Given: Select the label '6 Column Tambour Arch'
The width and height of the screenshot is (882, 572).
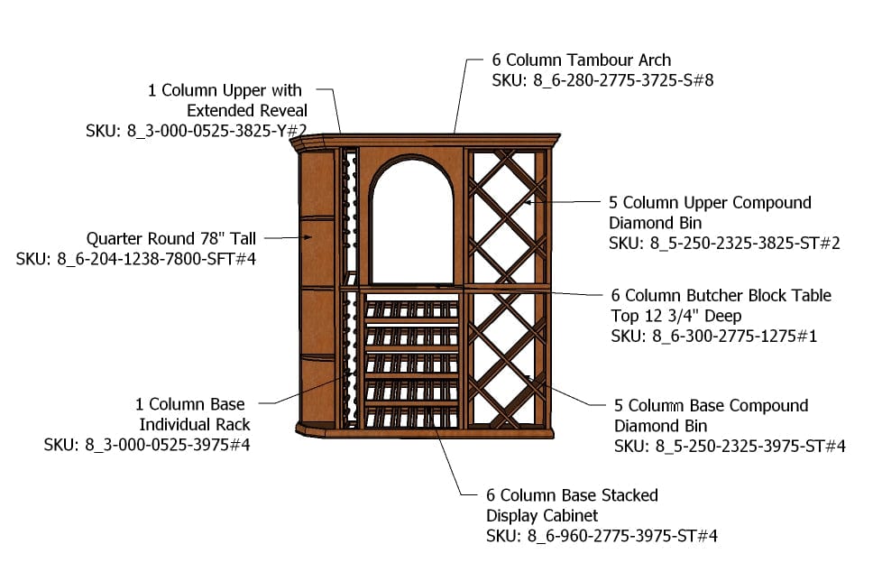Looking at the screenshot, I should [581, 60].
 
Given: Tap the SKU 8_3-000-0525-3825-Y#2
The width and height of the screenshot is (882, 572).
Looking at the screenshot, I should [197, 130].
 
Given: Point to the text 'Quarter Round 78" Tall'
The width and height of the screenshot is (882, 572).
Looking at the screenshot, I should [171, 239].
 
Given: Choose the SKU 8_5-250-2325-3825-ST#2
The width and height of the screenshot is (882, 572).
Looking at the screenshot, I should [724, 244].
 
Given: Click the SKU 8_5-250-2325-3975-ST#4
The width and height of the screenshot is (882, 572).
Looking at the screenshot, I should [730, 446].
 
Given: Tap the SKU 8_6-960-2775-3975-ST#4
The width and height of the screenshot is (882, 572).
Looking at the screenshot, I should [602, 536].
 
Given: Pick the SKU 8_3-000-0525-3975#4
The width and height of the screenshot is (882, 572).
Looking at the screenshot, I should [147, 445].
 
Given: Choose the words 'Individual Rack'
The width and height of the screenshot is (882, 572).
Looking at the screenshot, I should [193, 425].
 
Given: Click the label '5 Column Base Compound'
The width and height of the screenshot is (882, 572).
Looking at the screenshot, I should [711, 406].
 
